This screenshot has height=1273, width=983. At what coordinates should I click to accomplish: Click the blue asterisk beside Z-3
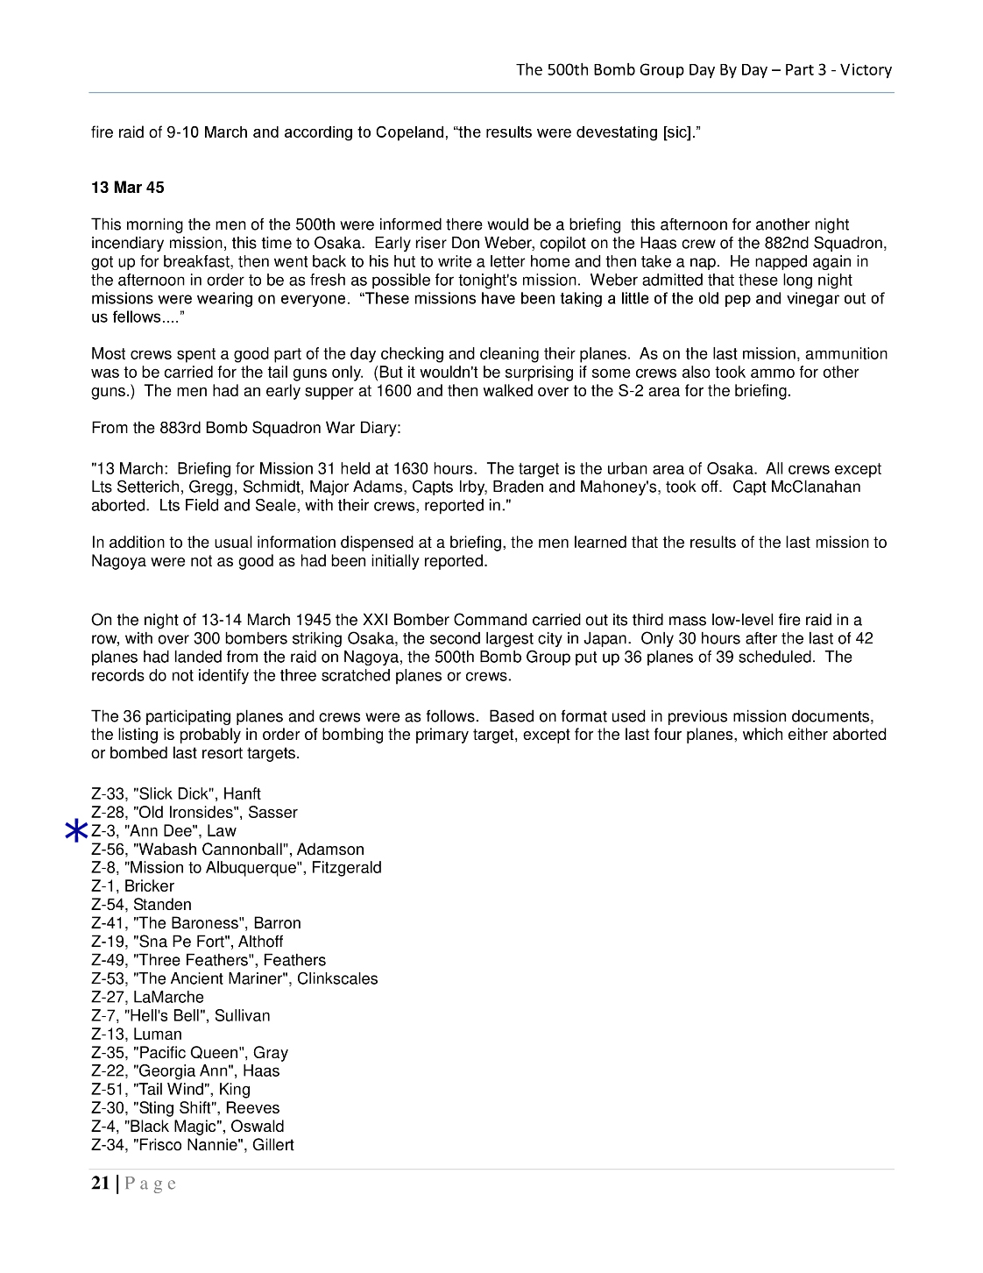(x=77, y=831)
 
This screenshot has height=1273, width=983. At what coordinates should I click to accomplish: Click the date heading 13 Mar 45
(x=127, y=188)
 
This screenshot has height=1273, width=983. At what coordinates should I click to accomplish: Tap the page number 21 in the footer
(x=101, y=1184)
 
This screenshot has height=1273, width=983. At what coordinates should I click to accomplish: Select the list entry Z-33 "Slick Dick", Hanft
(x=176, y=794)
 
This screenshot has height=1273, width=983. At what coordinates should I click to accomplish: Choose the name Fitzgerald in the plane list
(x=346, y=868)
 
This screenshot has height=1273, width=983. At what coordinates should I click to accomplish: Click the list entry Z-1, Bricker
(x=132, y=886)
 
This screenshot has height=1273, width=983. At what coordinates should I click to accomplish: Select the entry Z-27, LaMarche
(x=147, y=997)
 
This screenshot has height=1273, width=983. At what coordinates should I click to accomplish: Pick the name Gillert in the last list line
(x=273, y=1145)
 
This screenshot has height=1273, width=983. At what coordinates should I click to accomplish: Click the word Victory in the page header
(x=866, y=70)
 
